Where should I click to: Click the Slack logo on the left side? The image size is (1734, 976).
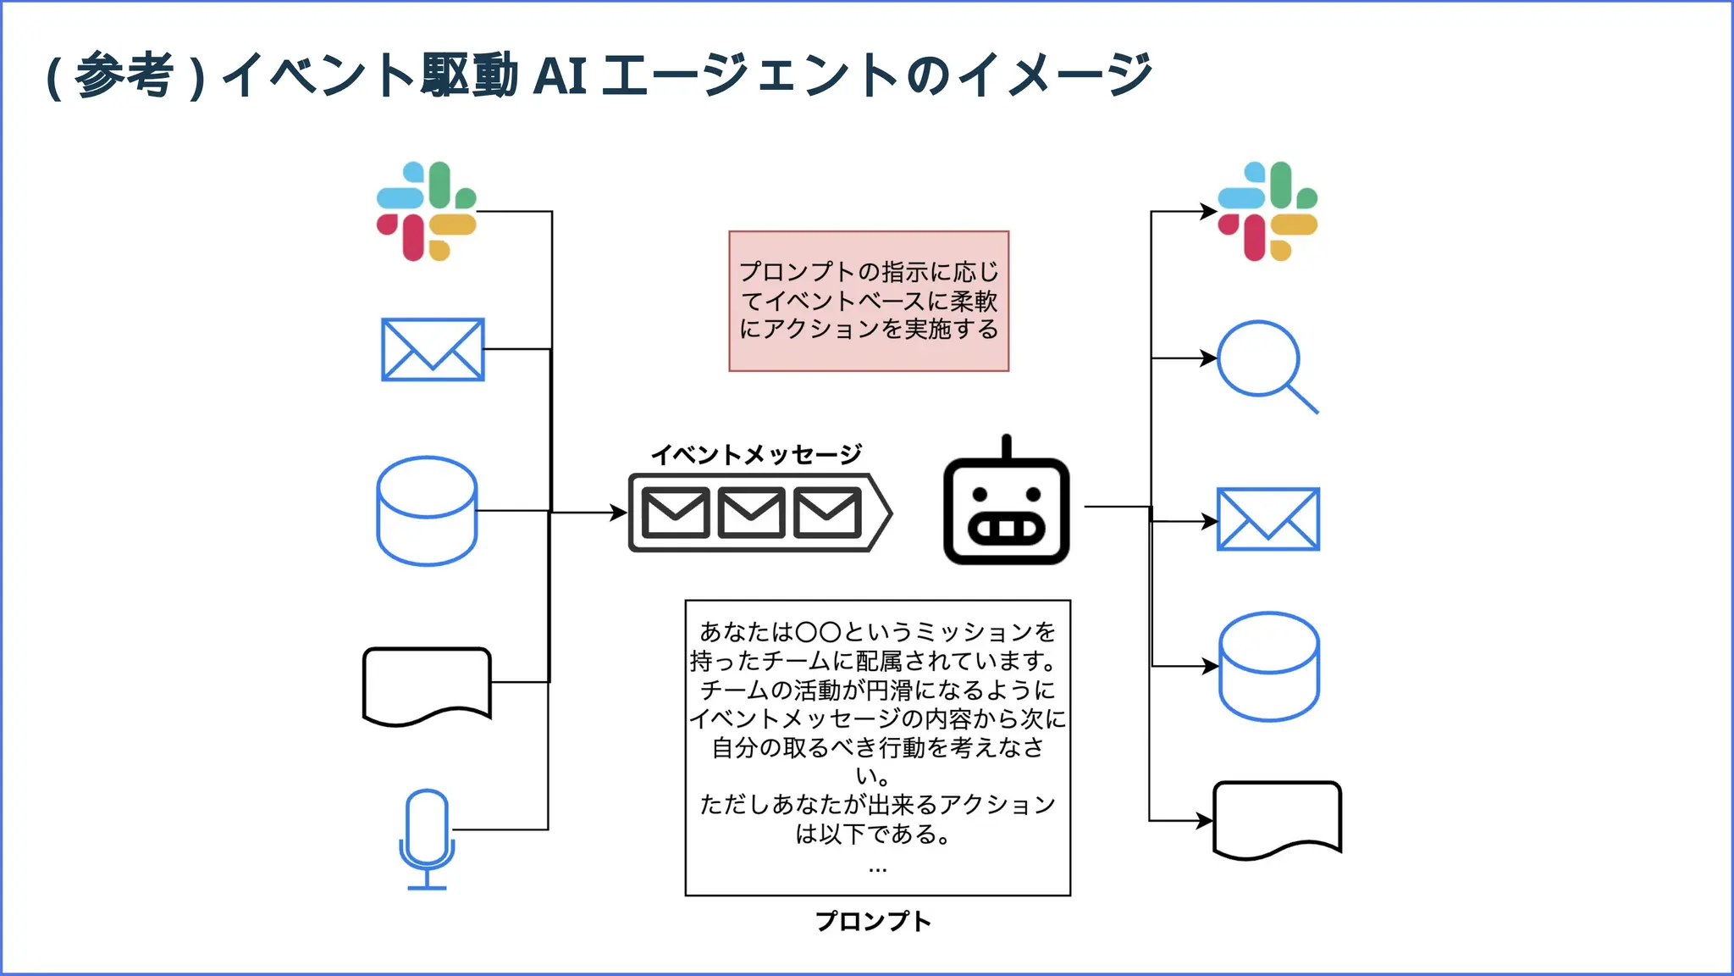pyautogui.click(x=427, y=211)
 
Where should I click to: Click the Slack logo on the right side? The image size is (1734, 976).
pyautogui.click(x=1267, y=211)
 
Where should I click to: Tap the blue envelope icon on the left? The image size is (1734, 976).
pyautogui.click(x=433, y=349)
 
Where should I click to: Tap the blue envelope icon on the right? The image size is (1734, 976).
pyautogui.click(x=1267, y=518)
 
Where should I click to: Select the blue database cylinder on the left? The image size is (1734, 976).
pyautogui.click(x=427, y=511)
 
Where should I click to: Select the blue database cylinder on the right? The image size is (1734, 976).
pyautogui.click(x=1268, y=667)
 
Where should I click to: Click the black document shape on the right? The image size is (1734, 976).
pyautogui.click(x=1277, y=819)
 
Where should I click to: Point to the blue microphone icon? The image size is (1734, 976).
pyautogui.click(x=427, y=837)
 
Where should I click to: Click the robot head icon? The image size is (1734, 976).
pyautogui.click(x=1006, y=511)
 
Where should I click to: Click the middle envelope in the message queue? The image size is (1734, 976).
pyautogui.click(x=751, y=513)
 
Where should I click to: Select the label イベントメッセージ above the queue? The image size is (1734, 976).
pyautogui.click(x=756, y=455)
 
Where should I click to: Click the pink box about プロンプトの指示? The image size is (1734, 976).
pyautogui.click(x=869, y=301)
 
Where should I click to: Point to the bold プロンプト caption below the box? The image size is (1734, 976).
pyautogui.click(x=873, y=921)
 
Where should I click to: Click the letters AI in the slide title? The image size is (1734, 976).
pyautogui.click(x=561, y=76)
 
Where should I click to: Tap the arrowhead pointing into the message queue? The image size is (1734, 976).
pyautogui.click(x=619, y=512)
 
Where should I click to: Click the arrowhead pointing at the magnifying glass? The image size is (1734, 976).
pyautogui.click(x=1209, y=358)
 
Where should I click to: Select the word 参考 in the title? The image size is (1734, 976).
pyautogui.click(x=124, y=76)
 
